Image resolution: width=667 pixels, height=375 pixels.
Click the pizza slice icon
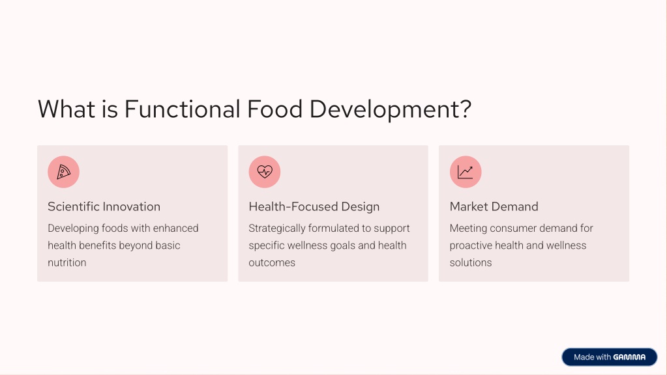pos(63,172)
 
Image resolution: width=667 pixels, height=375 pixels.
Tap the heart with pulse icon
pos(265,172)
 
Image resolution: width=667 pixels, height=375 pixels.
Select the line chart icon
pos(466,172)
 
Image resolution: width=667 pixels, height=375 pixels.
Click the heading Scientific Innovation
pos(104,206)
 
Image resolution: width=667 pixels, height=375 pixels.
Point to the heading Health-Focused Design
pos(314,206)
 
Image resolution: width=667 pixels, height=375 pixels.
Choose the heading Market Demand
pos(494,206)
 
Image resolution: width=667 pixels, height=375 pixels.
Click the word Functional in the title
pos(183,109)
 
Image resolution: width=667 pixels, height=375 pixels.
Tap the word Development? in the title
pos(391,109)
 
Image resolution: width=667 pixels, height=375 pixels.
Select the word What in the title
pos(67,109)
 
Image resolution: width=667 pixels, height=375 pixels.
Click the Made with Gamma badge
pos(609,357)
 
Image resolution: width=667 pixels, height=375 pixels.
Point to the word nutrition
pos(67,262)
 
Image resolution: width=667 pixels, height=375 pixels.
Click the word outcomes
pos(272,262)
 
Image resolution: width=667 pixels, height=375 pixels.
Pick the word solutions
pos(471,262)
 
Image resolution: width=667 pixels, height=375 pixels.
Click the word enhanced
pos(175,229)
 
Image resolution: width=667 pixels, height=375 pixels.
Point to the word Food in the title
pos(274,109)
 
